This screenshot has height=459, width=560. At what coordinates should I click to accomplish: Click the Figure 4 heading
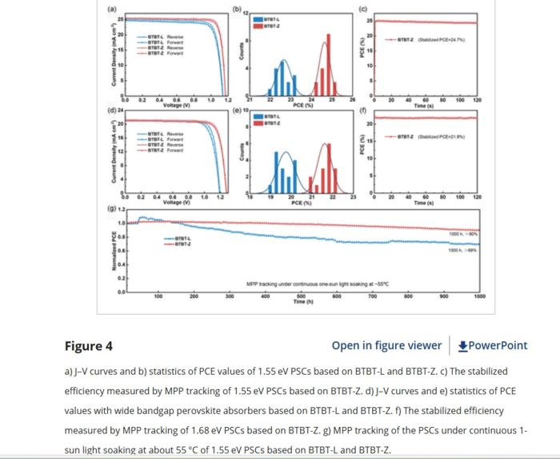[x=89, y=346]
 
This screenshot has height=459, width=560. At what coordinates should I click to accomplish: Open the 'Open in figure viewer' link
[x=386, y=346]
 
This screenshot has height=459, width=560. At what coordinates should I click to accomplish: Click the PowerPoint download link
[x=493, y=346]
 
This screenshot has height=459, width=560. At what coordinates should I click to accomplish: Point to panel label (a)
[x=111, y=8]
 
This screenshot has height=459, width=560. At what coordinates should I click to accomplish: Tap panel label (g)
[x=111, y=208]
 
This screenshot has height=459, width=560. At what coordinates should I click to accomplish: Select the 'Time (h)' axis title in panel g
[x=300, y=302]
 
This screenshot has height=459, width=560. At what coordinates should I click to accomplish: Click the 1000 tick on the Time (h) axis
[x=478, y=296]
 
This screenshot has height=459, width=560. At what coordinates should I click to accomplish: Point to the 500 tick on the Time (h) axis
[x=301, y=296]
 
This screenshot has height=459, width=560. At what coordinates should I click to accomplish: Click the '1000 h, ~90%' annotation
[x=462, y=233]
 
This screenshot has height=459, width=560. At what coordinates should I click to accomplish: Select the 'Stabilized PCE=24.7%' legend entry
[x=436, y=38]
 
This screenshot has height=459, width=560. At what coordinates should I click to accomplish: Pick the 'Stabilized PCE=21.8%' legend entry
[x=436, y=137]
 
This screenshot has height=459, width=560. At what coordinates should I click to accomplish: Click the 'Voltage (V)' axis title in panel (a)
[x=176, y=105]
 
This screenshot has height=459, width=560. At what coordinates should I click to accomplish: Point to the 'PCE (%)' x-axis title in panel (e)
[x=301, y=203]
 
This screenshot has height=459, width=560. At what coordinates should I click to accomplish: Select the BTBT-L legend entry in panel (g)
[x=182, y=238]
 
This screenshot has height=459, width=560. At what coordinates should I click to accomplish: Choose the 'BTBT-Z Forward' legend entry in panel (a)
[x=170, y=53]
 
